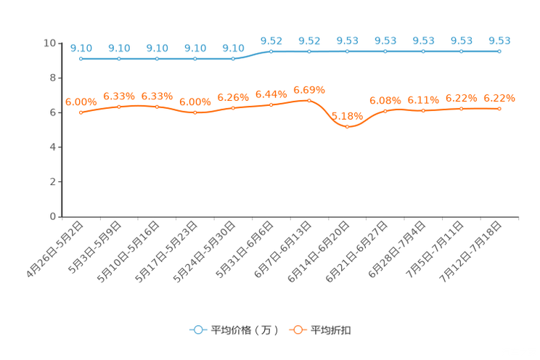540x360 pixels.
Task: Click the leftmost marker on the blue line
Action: point(81,59)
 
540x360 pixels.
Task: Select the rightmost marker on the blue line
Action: point(499,52)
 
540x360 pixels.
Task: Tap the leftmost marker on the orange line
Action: point(81,113)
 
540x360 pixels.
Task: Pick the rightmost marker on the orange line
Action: point(499,109)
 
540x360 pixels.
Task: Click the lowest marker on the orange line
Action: point(348,127)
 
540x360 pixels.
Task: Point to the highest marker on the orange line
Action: point(309,101)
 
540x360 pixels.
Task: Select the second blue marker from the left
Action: point(119,59)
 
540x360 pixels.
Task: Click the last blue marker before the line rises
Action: point(233,59)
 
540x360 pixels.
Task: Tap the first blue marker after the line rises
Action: point(271,52)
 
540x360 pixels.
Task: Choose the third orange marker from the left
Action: point(157,107)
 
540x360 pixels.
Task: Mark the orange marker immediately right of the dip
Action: point(385,110)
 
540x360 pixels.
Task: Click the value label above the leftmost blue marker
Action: point(81,48)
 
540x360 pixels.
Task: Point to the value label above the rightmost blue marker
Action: point(499,41)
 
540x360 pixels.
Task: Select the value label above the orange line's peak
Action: point(309,90)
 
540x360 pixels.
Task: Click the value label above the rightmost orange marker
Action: point(499,98)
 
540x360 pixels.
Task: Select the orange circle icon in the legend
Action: point(298,330)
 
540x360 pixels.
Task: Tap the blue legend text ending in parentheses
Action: point(244,330)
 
